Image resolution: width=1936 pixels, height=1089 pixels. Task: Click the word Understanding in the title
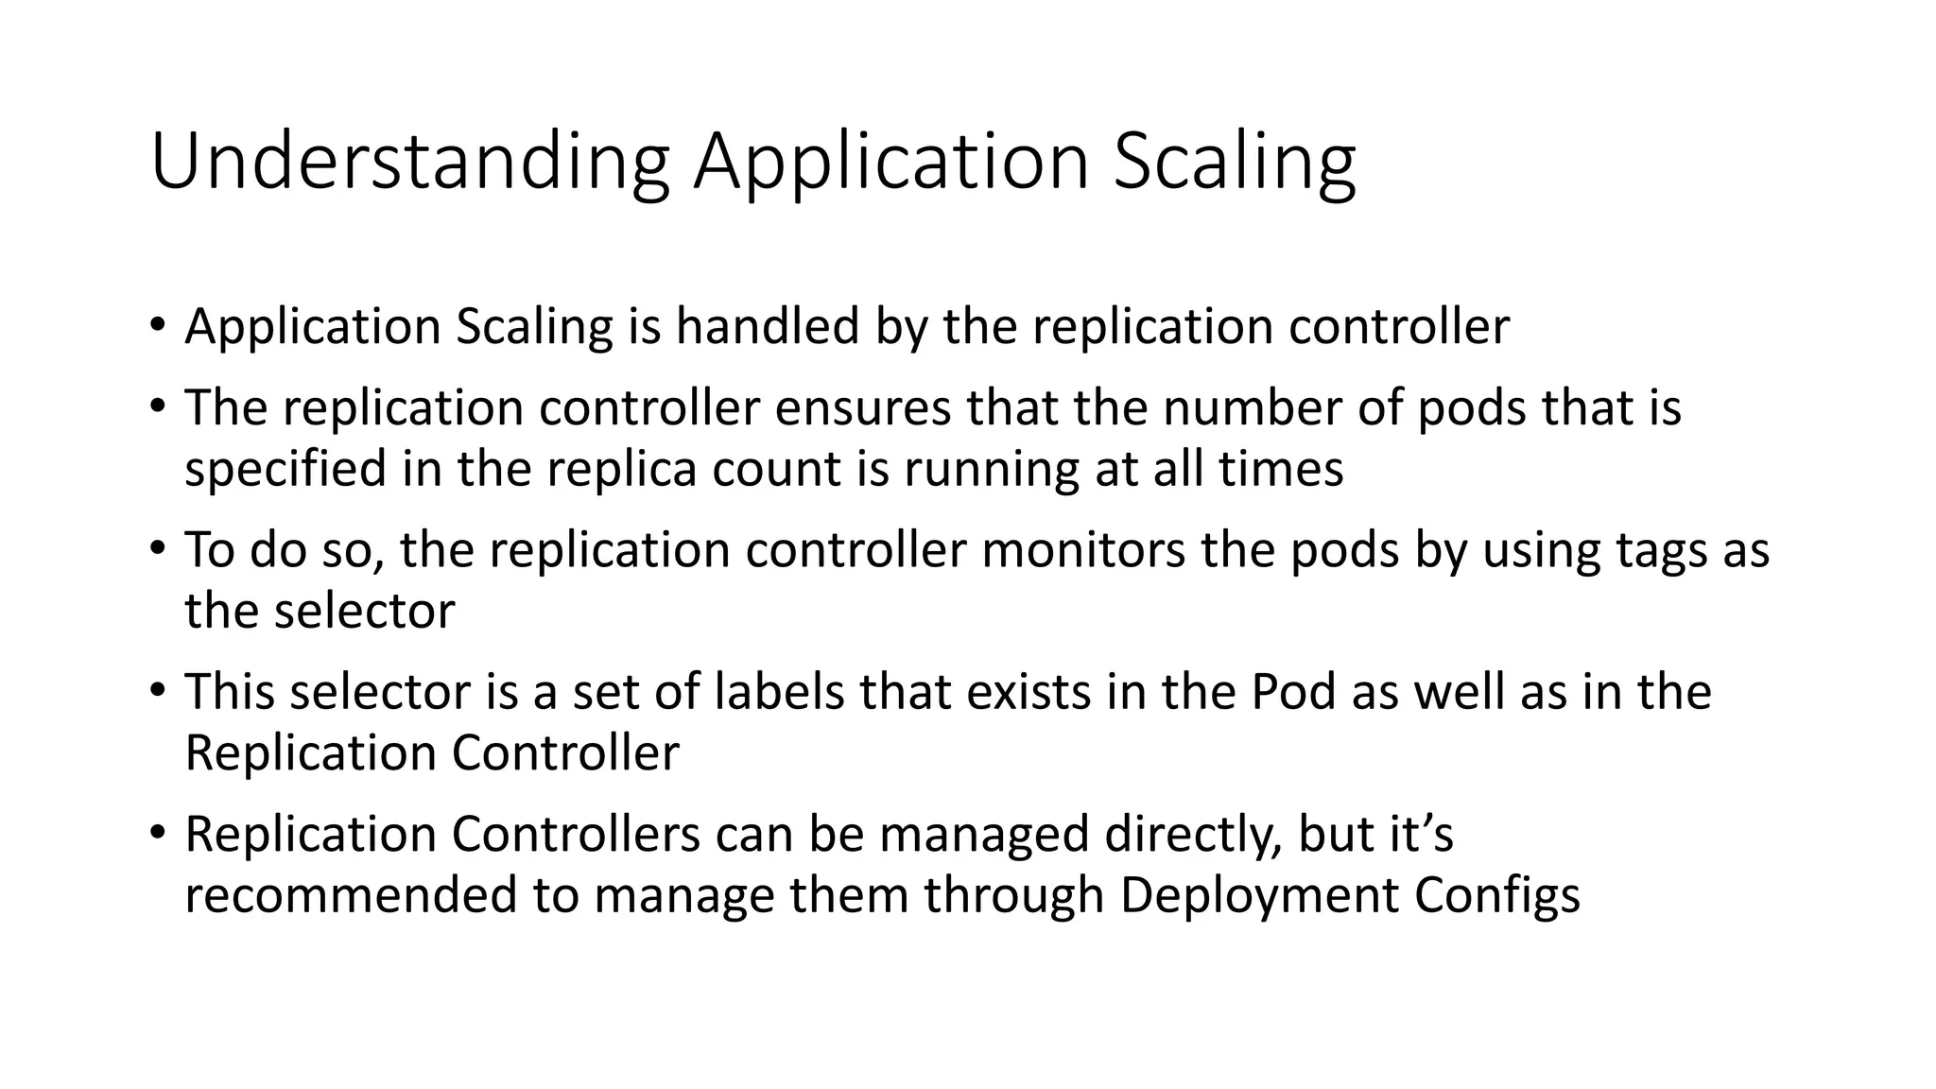(409, 162)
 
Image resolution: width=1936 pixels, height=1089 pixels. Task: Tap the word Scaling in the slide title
(1235, 162)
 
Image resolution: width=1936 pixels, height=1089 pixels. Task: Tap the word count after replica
(776, 470)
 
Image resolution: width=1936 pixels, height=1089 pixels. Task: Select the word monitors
(1083, 550)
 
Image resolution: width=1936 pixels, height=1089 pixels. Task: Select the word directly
(1186, 835)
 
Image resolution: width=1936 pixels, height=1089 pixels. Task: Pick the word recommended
(351, 896)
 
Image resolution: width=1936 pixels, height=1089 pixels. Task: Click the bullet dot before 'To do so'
(157, 548)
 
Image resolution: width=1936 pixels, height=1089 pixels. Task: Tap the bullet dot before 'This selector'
(157, 690)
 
